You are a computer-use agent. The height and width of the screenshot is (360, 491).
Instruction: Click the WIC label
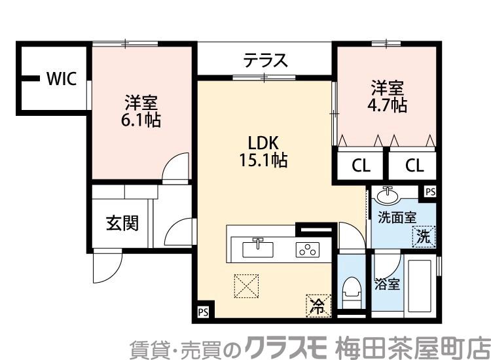[62, 79]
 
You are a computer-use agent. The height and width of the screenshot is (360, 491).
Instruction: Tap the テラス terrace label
[265, 61]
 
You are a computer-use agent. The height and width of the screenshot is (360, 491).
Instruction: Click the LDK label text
[264, 142]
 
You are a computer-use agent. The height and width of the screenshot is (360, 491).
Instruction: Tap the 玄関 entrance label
[122, 223]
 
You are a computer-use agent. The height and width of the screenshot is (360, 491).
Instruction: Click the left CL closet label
[361, 165]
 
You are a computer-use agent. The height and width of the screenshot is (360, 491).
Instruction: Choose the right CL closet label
[414, 165]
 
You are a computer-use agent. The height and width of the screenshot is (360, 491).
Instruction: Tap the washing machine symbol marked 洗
[424, 236]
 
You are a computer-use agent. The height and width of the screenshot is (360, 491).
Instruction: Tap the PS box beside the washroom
[429, 191]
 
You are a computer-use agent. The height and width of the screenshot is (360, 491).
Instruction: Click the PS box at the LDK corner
[203, 312]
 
